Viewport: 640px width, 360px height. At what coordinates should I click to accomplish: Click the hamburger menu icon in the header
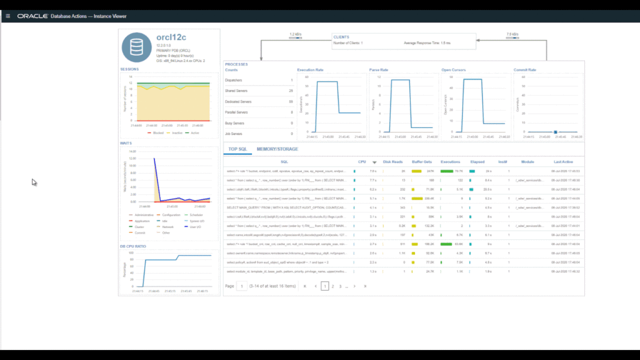point(7,16)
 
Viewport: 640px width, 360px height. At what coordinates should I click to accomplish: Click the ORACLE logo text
point(33,16)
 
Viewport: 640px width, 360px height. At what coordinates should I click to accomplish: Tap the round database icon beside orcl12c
point(136,47)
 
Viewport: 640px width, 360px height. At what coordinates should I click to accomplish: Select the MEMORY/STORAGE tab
point(277,149)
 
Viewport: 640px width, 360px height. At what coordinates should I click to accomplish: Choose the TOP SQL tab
point(237,149)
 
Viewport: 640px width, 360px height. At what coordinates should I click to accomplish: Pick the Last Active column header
point(564,161)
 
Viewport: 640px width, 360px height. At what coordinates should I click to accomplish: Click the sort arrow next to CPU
point(374,162)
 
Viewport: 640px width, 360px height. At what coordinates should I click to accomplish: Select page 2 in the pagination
point(332,286)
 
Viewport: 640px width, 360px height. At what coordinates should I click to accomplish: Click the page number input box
point(241,286)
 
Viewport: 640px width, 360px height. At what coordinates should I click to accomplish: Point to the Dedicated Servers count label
point(237,101)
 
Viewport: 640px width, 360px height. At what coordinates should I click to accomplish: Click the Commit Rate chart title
point(524,70)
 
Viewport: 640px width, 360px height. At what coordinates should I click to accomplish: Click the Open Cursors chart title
point(454,70)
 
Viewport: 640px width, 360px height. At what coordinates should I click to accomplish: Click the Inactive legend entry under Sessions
point(177,133)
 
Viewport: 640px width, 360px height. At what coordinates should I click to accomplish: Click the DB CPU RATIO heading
point(132,246)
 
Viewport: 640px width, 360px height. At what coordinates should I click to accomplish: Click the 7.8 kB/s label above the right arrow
point(512,34)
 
